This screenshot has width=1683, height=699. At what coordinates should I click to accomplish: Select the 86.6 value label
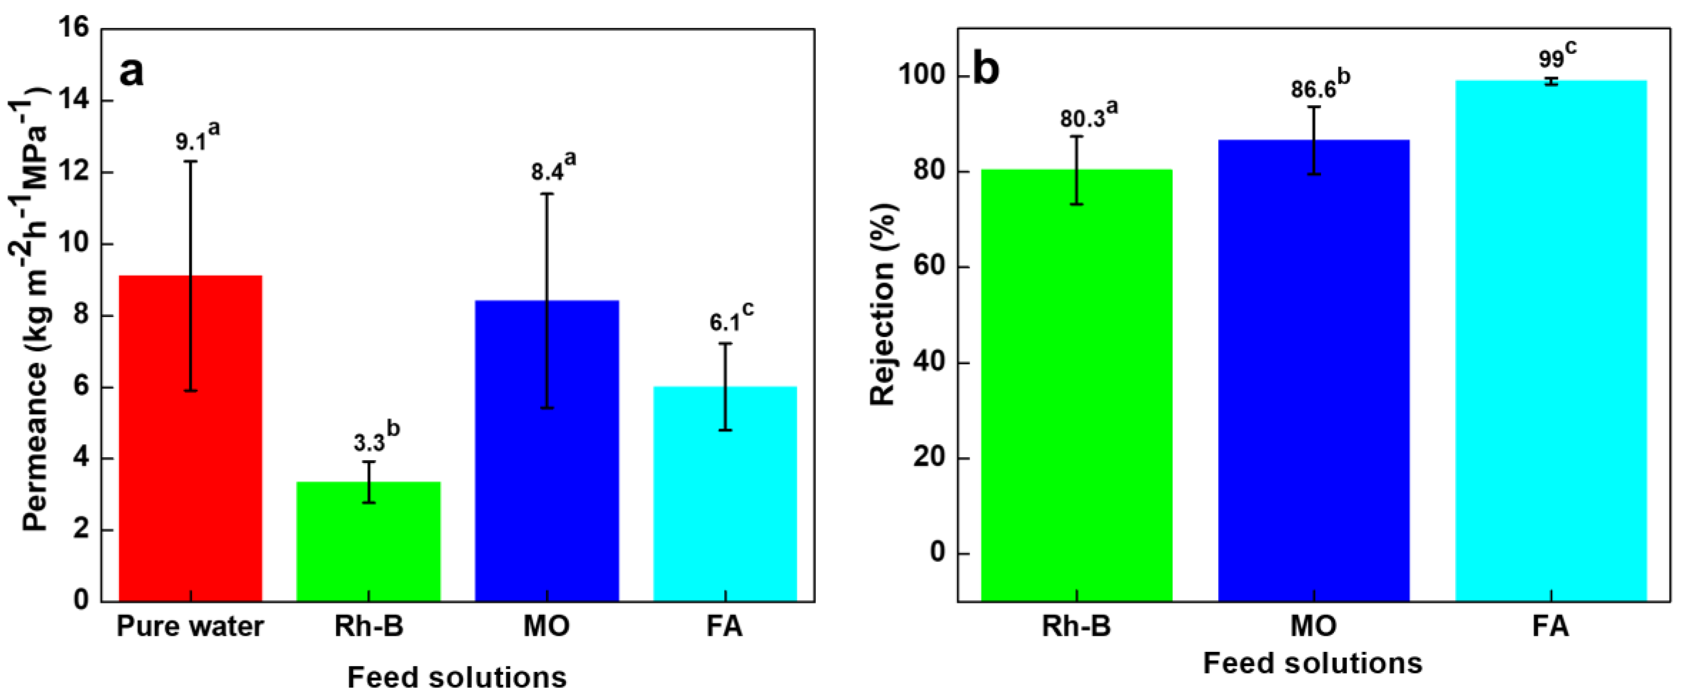1313,89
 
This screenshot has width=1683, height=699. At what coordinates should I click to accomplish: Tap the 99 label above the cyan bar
1550,59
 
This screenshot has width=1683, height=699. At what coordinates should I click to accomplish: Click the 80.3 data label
1082,119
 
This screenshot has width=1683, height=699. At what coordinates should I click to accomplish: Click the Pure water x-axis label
190,626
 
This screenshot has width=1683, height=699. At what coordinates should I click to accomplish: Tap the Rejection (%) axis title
883,304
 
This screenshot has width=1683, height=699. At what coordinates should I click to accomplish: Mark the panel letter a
131,72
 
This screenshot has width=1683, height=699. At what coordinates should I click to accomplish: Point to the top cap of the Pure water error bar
190,161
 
